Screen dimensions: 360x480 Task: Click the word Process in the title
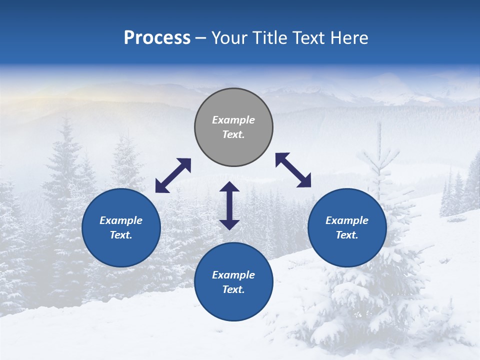point(157,38)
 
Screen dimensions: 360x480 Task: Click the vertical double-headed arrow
point(229,205)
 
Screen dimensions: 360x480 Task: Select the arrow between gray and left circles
point(173,175)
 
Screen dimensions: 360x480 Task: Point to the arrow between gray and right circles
point(293,170)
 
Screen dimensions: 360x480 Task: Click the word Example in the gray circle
point(233,120)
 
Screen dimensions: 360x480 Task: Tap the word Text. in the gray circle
point(233,134)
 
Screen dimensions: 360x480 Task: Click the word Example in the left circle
point(121,220)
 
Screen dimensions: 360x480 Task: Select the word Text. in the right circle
point(347,235)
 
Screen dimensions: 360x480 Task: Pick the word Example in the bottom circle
point(233,275)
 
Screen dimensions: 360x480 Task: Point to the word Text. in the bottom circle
point(233,289)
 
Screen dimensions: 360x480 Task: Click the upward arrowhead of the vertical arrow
point(229,186)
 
